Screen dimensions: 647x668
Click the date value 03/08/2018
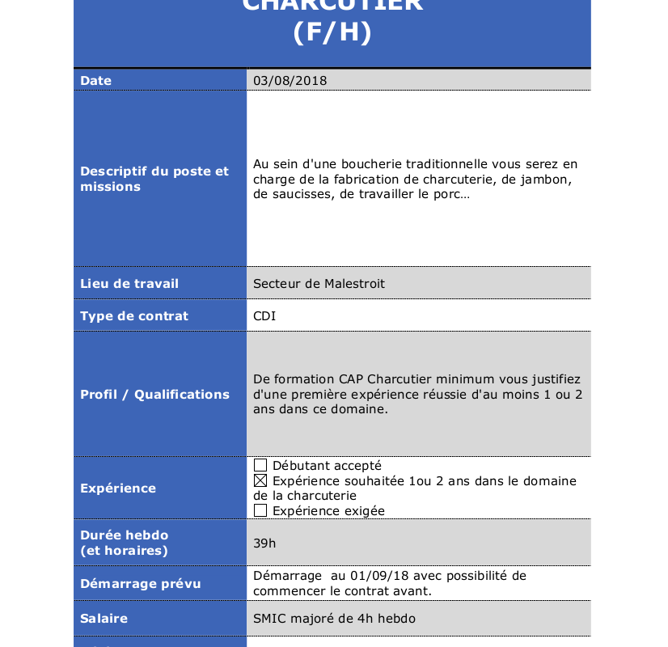pyautogui.click(x=290, y=81)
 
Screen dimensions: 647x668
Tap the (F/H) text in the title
pyautogui.click(x=332, y=33)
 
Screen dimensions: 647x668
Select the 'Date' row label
pyautogui.click(x=96, y=81)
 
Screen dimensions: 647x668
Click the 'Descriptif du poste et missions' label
pyautogui.click(x=154, y=179)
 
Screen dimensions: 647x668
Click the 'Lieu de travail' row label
pyautogui.click(x=129, y=284)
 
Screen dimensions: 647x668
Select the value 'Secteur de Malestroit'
pyautogui.click(x=319, y=284)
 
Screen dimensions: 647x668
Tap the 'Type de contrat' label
pyautogui.click(x=134, y=316)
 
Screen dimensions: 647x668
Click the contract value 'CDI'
pyautogui.click(x=264, y=316)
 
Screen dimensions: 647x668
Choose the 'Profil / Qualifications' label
pyautogui.click(x=154, y=395)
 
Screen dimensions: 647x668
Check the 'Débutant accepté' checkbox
pyautogui.click(x=260, y=466)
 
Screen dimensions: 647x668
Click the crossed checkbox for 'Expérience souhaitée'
pyautogui.click(x=260, y=481)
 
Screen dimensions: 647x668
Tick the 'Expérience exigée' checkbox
pyautogui.click(x=260, y=511)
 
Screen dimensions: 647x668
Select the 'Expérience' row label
pyautogui.click(x=118, y=488)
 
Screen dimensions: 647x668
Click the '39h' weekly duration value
pyautogui.click(x=264, y=543)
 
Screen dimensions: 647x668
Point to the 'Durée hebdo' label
pyautogui.click(x=125, y=535)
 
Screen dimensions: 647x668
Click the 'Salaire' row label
pyautogui.click(x=104, y=619)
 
